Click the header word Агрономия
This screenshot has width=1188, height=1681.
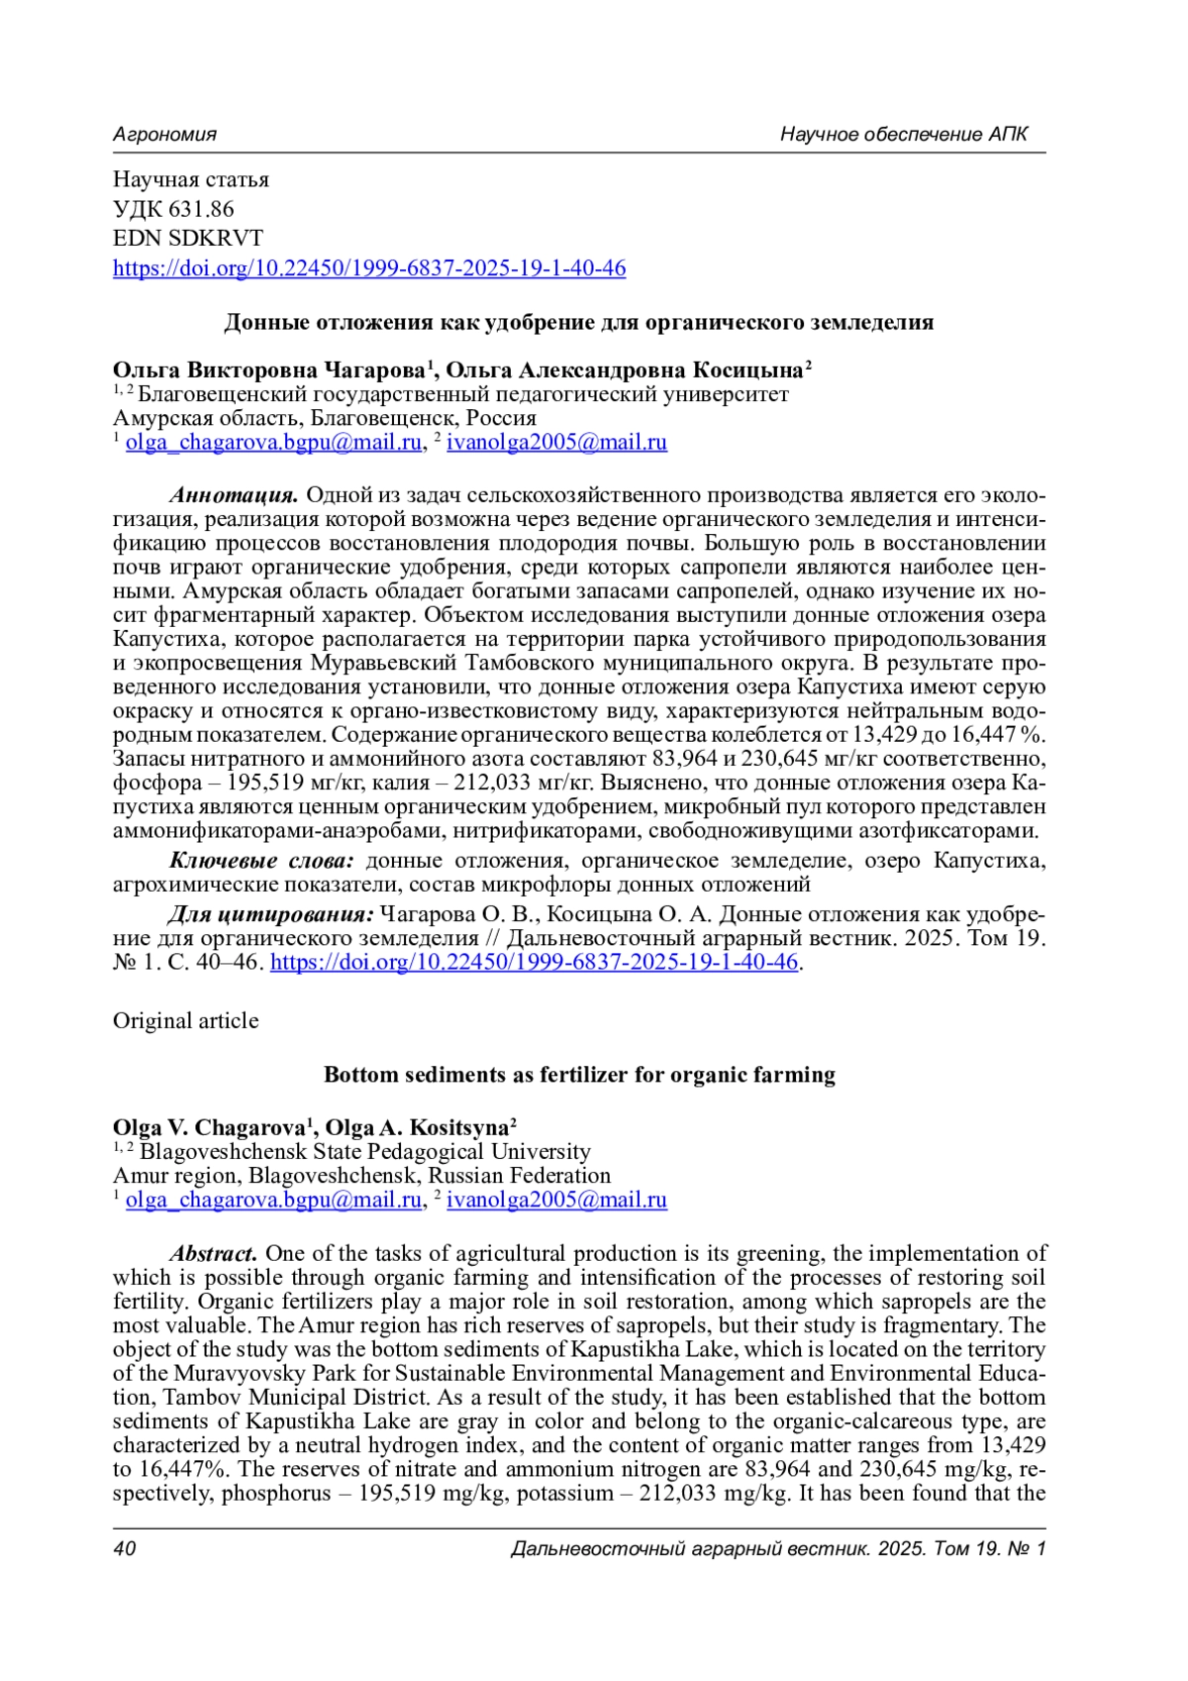164,134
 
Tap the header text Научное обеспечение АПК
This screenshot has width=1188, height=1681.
904,134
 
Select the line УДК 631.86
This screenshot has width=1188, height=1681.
173,209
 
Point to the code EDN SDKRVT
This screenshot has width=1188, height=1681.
188,239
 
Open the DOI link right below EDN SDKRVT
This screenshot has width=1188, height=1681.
369,268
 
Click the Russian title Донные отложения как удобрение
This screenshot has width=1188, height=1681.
579,322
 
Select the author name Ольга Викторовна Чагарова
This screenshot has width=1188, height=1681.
269,370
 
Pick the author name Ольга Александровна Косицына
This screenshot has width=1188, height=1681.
625,370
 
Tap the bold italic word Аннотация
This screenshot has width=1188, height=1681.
235,495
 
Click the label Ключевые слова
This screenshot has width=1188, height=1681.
261,860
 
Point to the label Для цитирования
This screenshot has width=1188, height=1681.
271,913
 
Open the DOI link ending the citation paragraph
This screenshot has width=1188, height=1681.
534,962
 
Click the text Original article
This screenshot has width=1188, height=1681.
186,1021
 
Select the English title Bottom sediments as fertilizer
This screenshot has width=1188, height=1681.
579,1075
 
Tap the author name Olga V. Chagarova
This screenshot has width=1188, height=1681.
209,1128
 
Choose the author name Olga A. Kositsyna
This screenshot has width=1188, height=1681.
418,1128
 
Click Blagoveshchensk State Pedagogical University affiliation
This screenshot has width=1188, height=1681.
364,1152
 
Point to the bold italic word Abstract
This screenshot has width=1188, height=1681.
214,1254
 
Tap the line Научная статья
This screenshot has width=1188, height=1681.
191,180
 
